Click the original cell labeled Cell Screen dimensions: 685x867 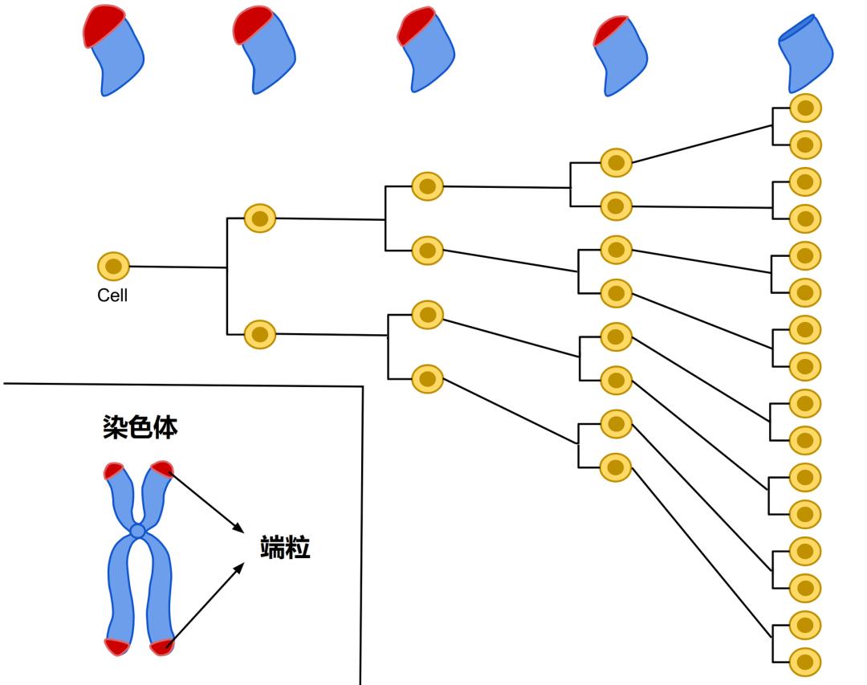click(x=113, y=266)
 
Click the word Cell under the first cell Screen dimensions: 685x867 click(x=112, y=296)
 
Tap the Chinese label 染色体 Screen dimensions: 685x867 click(x=140, y=426)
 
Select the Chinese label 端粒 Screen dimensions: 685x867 click(x=285, y=548)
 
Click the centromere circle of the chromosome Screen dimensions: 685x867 click(x=138, y=531)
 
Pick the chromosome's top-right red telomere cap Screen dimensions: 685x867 click(x=162, y=468)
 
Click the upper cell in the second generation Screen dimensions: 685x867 click(x=259, y=218)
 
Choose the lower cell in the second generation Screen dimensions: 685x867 click(x=259, y=332)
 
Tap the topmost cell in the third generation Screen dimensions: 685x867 click(x=428, y=186)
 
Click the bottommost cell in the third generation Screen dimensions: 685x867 click(x=428, y=377)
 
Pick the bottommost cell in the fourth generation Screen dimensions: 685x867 click(x=616, y=467)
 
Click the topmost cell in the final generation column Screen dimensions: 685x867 click(x=805, y=108)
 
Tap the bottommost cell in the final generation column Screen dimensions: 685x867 click(x=805, y=662)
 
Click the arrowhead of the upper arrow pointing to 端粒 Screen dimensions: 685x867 click(x=240, y=529)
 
